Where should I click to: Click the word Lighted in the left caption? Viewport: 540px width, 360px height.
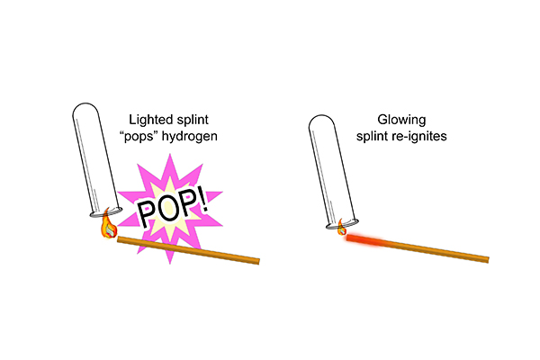[x=152, y=120]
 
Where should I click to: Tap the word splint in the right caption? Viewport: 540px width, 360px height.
[x=369, y=136]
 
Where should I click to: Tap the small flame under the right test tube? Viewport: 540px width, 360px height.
[x=343, y=230]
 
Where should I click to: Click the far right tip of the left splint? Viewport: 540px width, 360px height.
[x=257, y=262]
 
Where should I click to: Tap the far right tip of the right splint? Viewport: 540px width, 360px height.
[x=487, y=260]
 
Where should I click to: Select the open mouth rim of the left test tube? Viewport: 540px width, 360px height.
[x=104, y=212]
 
